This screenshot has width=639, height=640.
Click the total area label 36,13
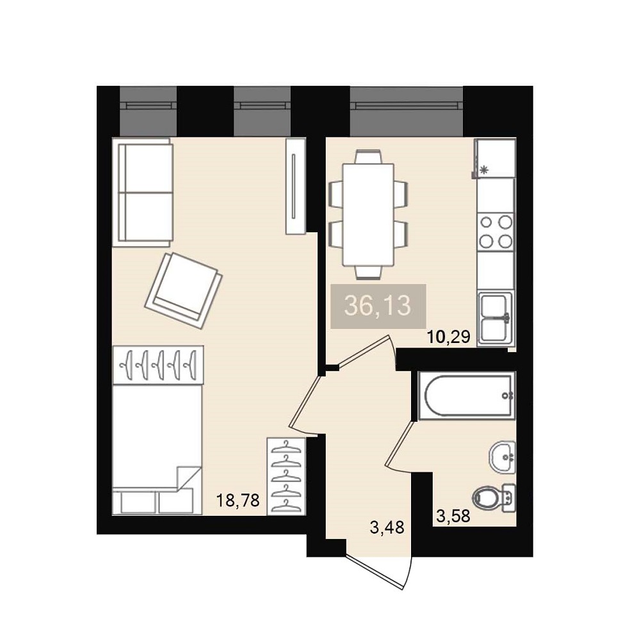[378, 306]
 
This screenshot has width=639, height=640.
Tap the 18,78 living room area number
[238, 500]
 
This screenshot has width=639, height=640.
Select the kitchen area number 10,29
[449, 337]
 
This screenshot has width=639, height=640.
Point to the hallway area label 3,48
[387, 527]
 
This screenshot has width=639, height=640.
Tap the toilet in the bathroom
[494, 497]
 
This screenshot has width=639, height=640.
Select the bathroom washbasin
[502, 457]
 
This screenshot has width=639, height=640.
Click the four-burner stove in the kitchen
[496, 232]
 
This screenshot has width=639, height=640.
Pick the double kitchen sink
[496, 317]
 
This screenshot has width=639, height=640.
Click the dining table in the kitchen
[368, 214]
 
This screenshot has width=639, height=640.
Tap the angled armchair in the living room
[184, 291]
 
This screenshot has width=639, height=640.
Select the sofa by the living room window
[143, 192]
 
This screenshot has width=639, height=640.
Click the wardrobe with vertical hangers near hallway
[286, 476]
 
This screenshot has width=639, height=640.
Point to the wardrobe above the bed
[158, 365]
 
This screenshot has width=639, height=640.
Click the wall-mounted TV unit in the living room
[296, 186]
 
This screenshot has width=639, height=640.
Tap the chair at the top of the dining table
[368, 157]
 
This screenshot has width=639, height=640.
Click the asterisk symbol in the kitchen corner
[485, 170]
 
